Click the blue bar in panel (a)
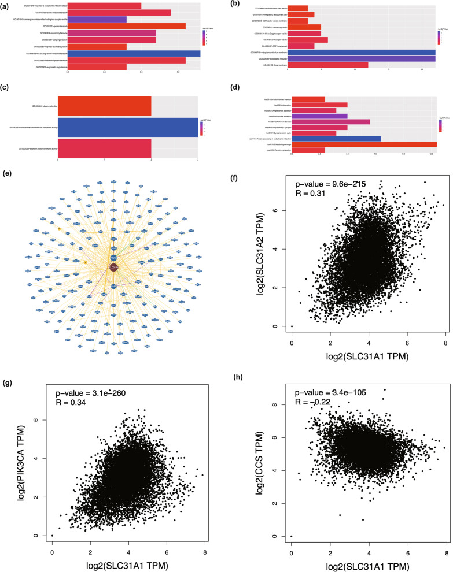[x=134, y=54]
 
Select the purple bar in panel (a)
[x=97, y=19]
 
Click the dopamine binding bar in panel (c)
[x=104, y=106]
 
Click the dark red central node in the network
[x=113, y=268]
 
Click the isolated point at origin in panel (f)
[x=292, y=326]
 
